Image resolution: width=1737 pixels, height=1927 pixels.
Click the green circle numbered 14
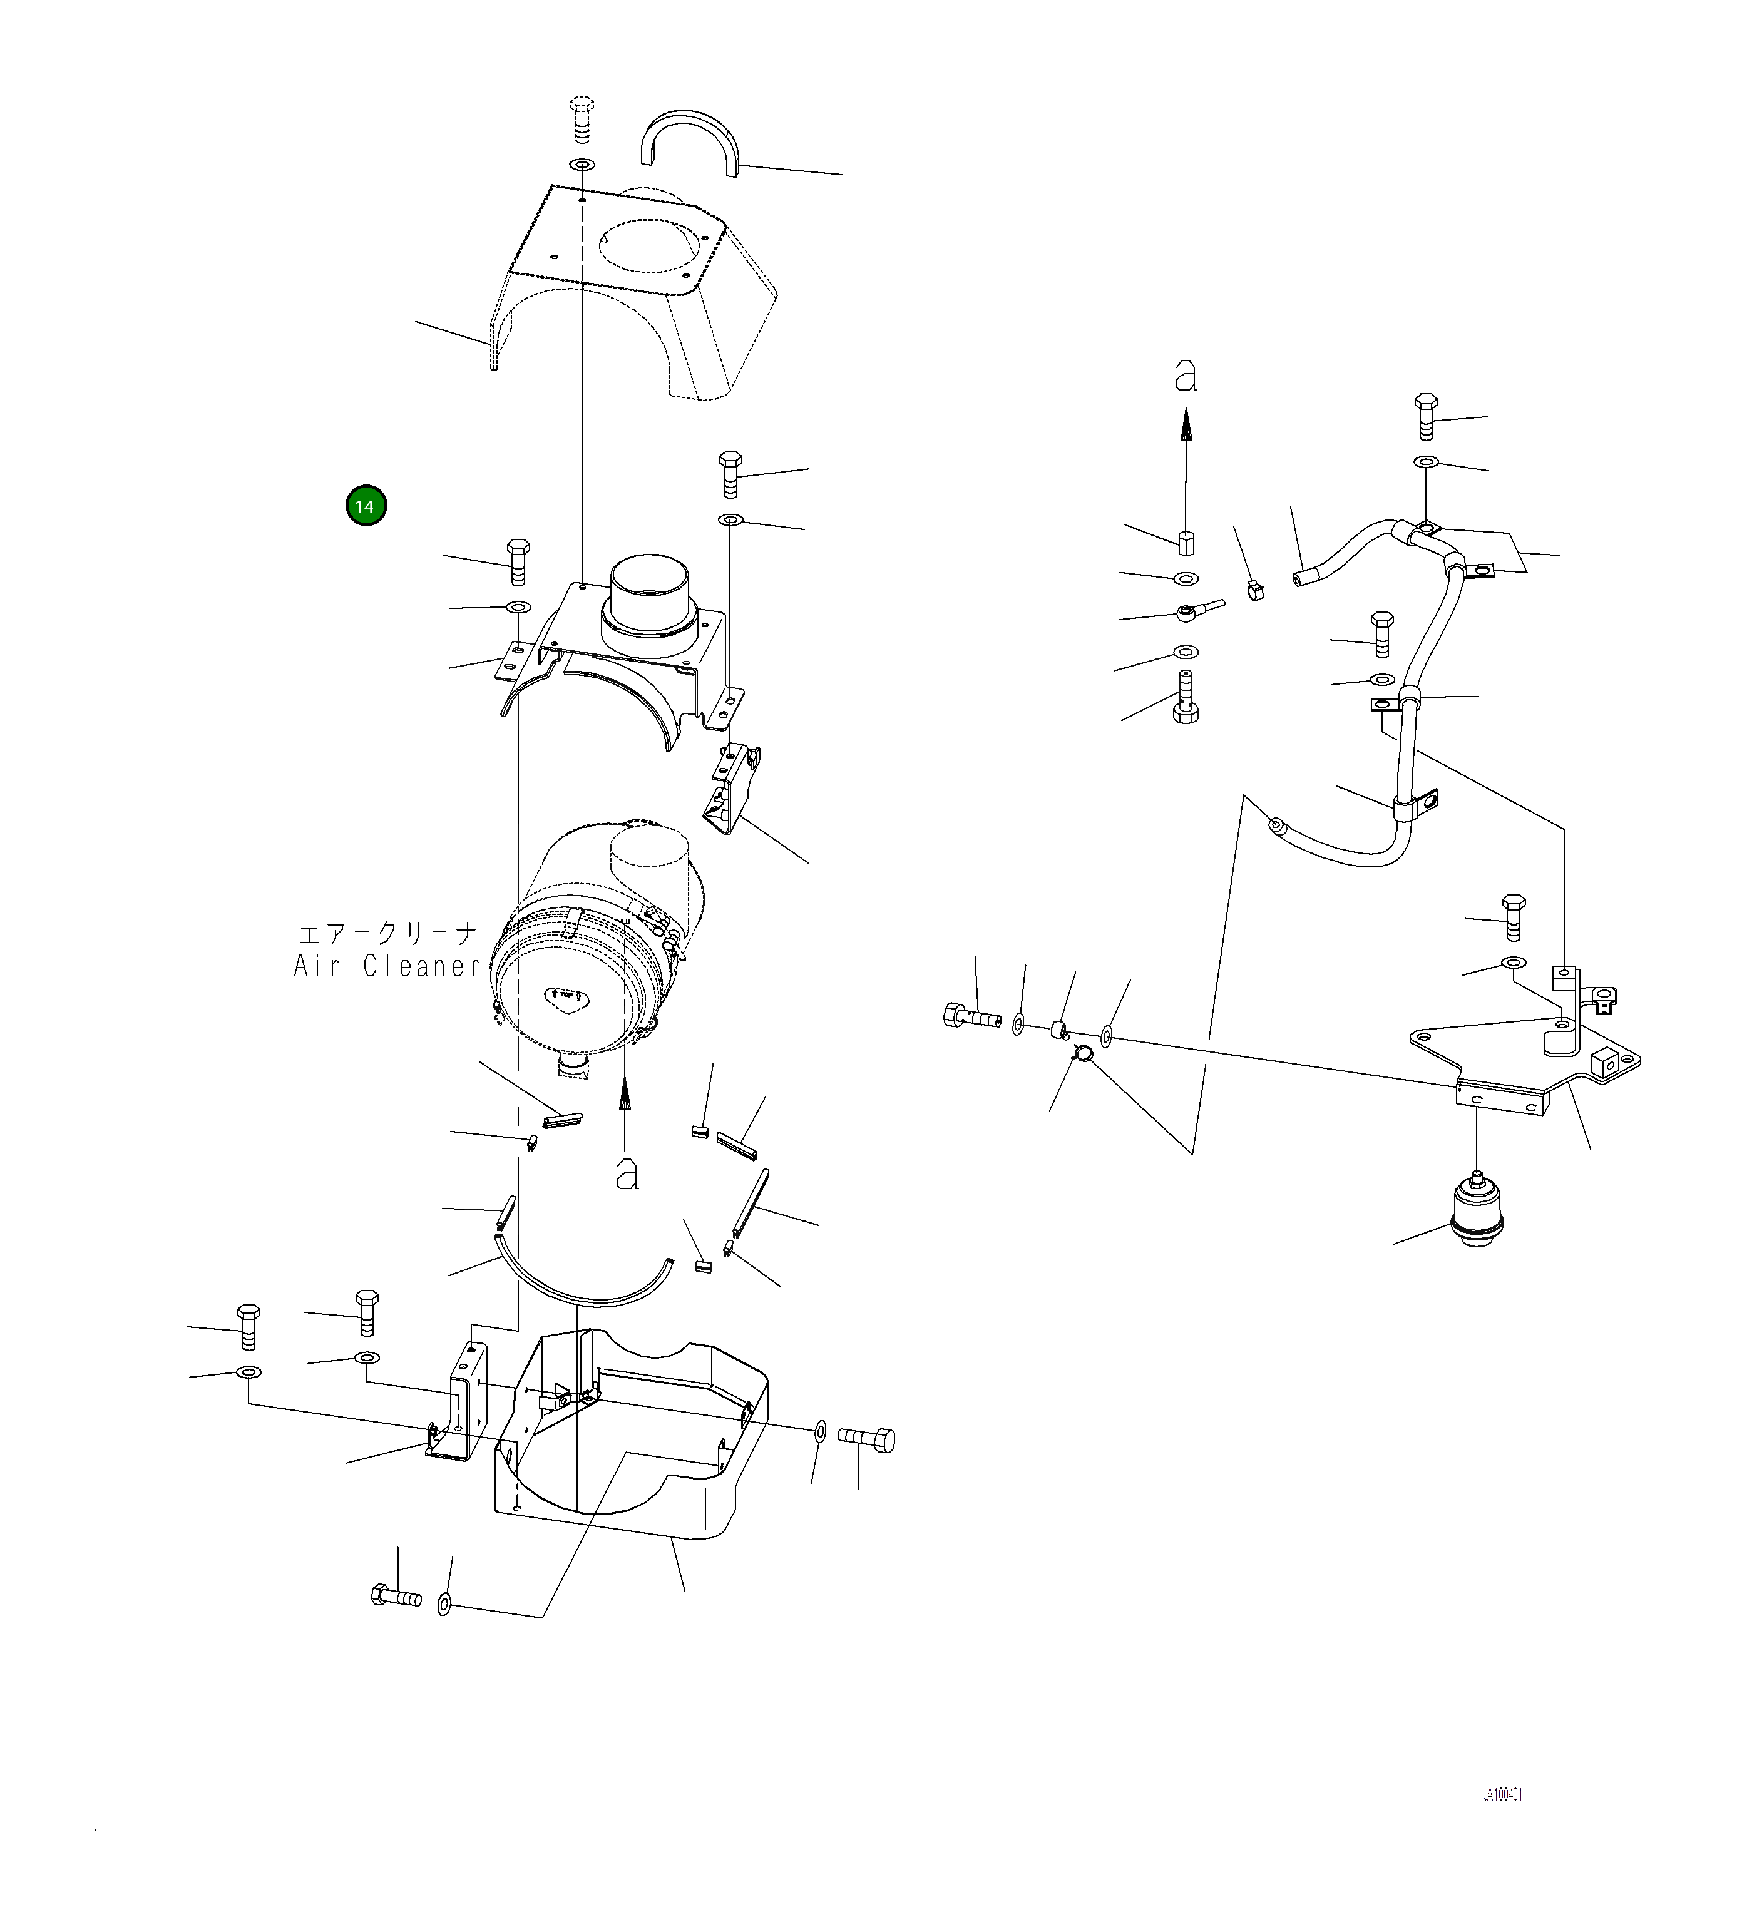[x=366, y=506]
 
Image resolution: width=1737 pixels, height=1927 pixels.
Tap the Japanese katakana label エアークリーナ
[x=387, y=933]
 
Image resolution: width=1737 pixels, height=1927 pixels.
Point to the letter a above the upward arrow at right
[x=1186, y=376]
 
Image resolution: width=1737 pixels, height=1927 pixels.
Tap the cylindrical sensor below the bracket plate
[x=1477, y=1213]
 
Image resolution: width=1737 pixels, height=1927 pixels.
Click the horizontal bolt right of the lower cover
[x=866, y=1439]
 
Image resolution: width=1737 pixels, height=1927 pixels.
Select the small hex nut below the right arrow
[x=1186, y=541]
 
